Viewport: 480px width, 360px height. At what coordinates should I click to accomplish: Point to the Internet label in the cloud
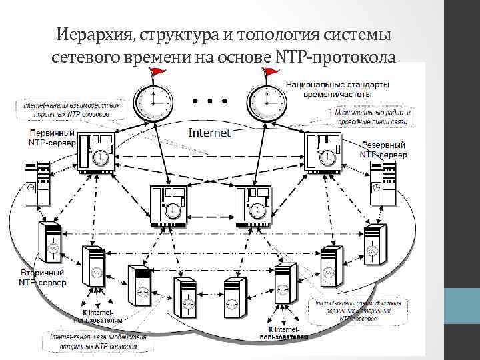209,133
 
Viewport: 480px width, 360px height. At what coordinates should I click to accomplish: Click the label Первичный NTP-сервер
51,137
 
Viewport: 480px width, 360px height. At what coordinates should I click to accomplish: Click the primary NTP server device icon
96,153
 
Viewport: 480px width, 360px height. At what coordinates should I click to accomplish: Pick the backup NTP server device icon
324,153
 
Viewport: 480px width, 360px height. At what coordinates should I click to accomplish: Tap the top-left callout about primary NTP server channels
72,109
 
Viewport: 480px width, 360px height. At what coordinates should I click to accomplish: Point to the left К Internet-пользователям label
97,316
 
